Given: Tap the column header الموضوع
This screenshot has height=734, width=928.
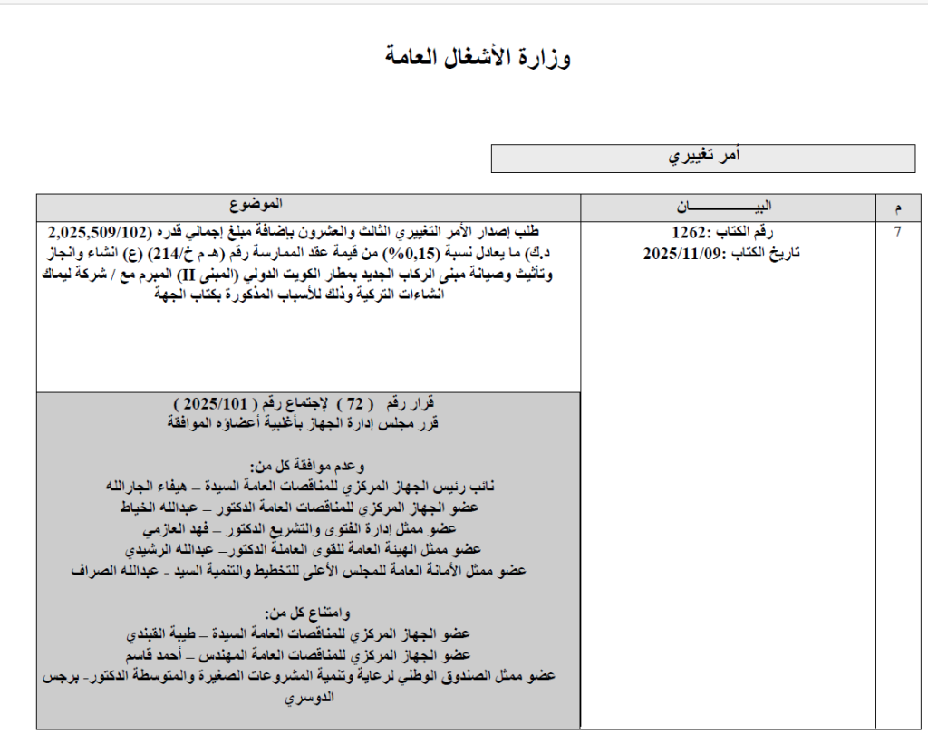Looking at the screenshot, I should tap(255, 201).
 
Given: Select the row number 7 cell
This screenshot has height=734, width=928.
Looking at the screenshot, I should tap(897, 232).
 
